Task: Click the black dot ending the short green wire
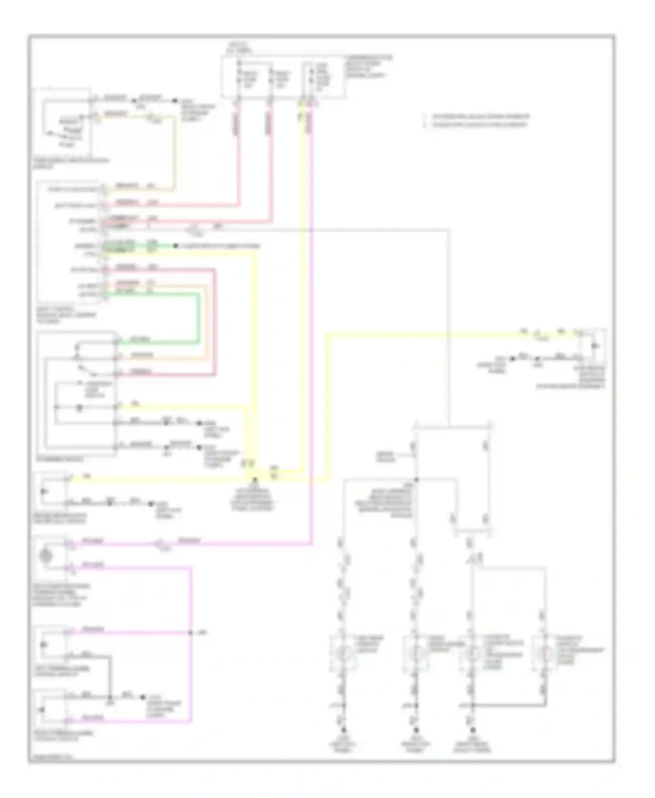tap(176, 246)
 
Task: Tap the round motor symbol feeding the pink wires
tap(47, 556)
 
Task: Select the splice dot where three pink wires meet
tap(191, 633)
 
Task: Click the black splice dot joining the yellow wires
tap(255, 479)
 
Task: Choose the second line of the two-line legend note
tap(479, 125)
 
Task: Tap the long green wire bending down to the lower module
tap(199, 319)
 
